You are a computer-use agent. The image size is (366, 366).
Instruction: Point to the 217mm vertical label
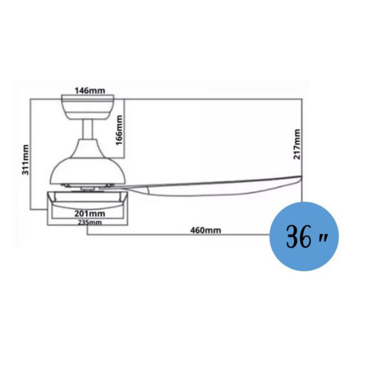point(296,144)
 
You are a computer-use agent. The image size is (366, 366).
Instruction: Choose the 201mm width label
point(89,213)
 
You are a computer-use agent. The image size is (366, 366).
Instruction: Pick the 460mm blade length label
point(205,230)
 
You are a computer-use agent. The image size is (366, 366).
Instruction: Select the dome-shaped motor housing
point(87,165)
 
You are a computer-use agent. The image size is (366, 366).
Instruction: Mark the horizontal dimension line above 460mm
point(179,235)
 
